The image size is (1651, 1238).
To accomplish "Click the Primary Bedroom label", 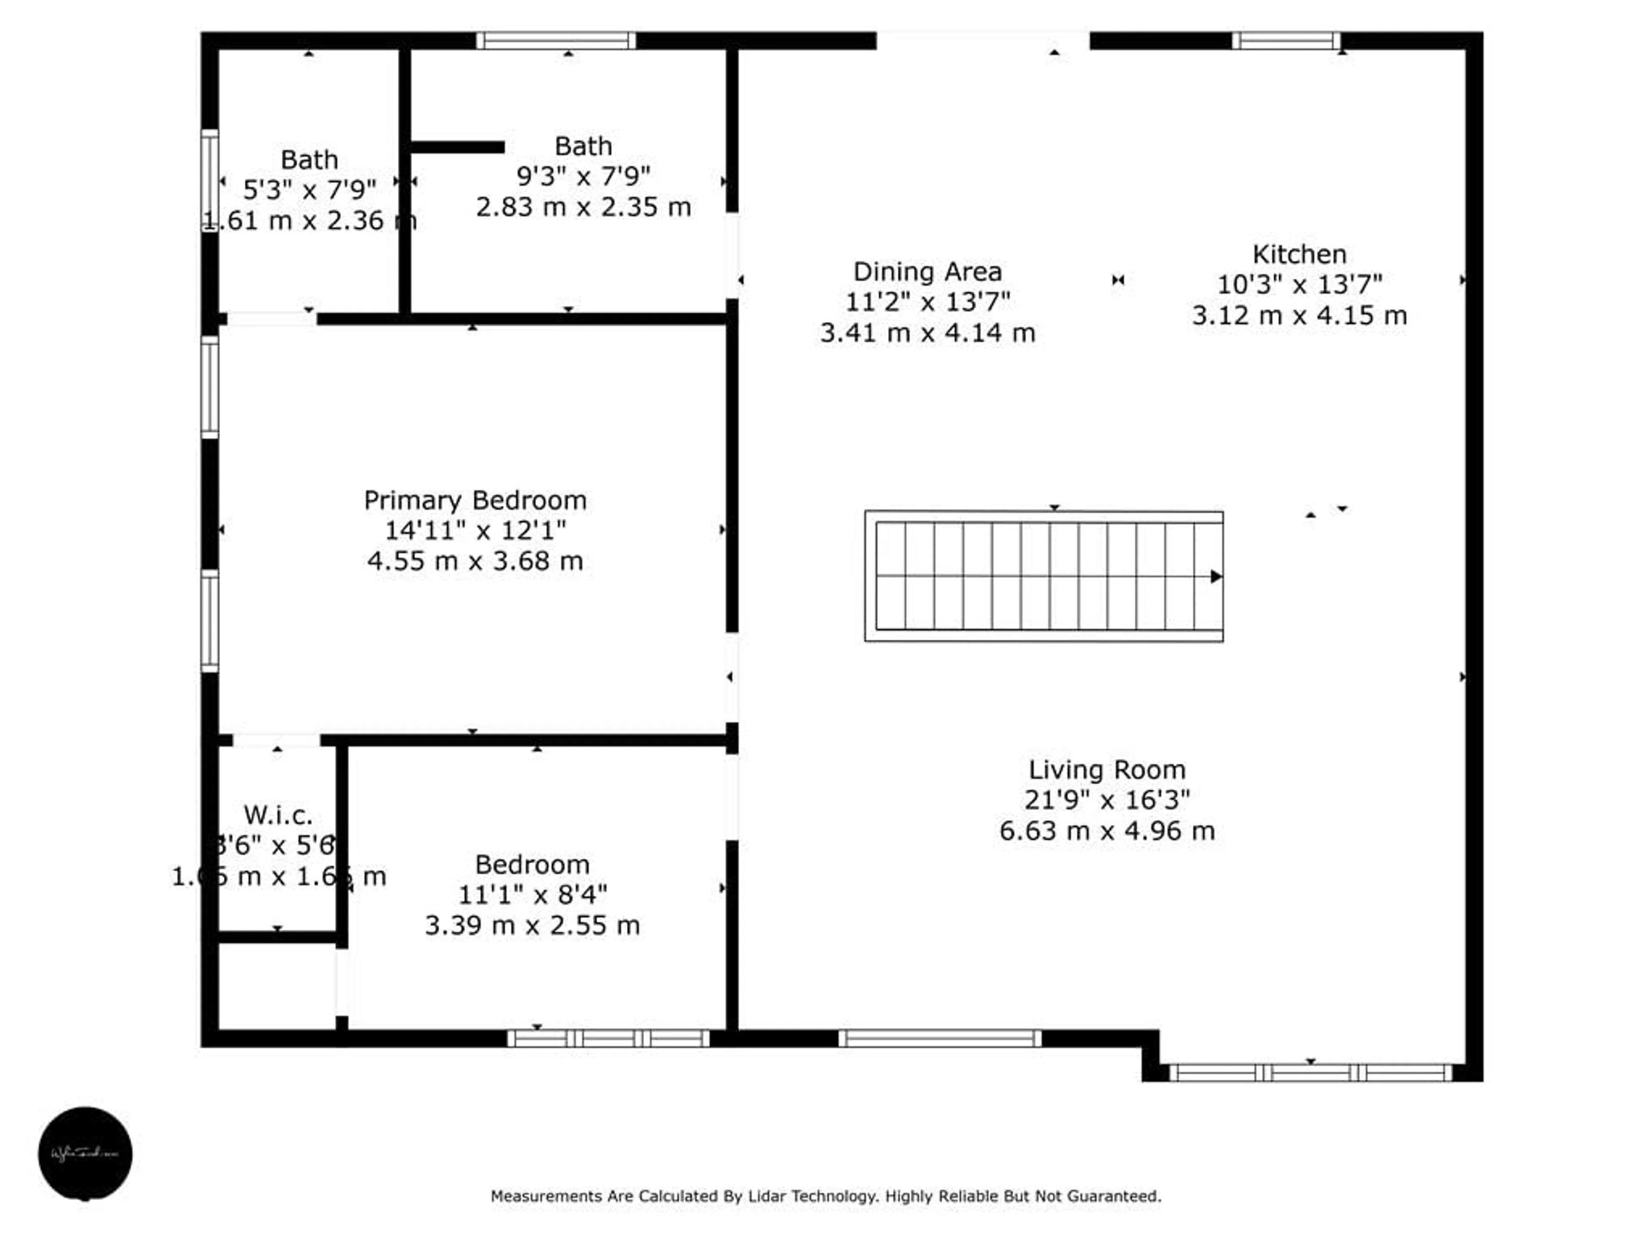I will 475,500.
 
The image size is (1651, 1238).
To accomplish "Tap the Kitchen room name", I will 1299,254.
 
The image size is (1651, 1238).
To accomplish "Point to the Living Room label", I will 1106,769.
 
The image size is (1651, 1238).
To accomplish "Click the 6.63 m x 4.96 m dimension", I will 1106,830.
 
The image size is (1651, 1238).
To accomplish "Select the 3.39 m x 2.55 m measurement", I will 532,925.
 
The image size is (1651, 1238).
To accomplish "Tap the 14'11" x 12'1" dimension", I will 475,530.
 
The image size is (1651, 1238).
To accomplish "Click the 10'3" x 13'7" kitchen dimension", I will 1299,284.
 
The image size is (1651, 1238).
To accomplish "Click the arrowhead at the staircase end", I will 1215,576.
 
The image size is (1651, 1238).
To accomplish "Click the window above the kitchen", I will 1285,40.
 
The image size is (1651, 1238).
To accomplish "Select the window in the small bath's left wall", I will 210,181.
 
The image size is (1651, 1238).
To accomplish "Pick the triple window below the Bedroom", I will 608,1038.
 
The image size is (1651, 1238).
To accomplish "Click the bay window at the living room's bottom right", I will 1310,1073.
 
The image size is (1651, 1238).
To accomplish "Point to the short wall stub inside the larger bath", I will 457,147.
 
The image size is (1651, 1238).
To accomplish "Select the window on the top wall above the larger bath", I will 556,40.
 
